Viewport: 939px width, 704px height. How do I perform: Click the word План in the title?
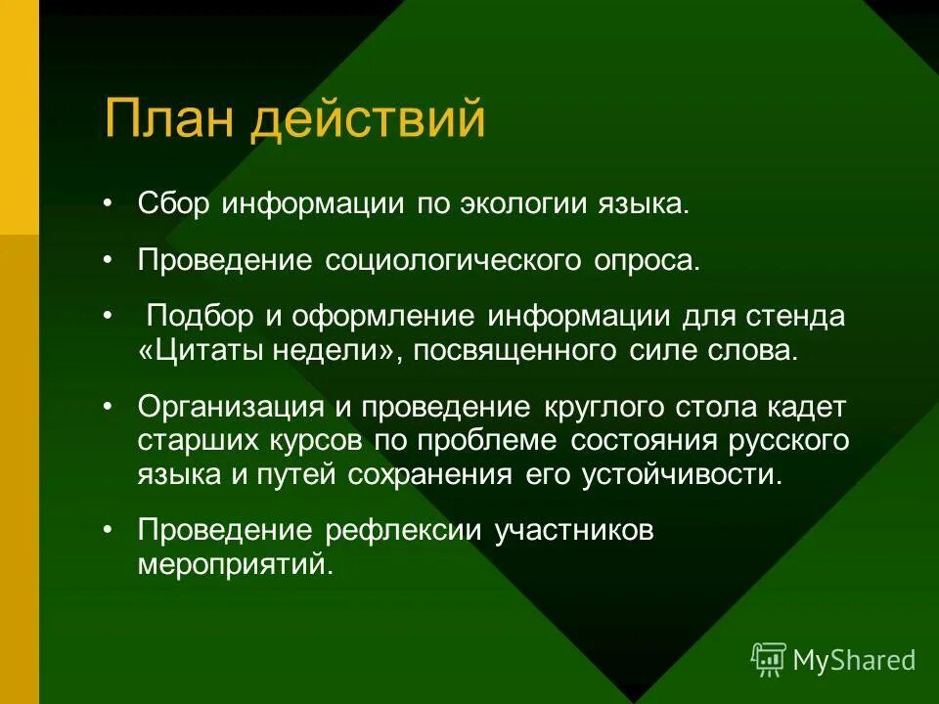click(168, 119)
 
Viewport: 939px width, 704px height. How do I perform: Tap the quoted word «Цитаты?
click(190, 350)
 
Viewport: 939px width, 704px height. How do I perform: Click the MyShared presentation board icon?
click(769, 659)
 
